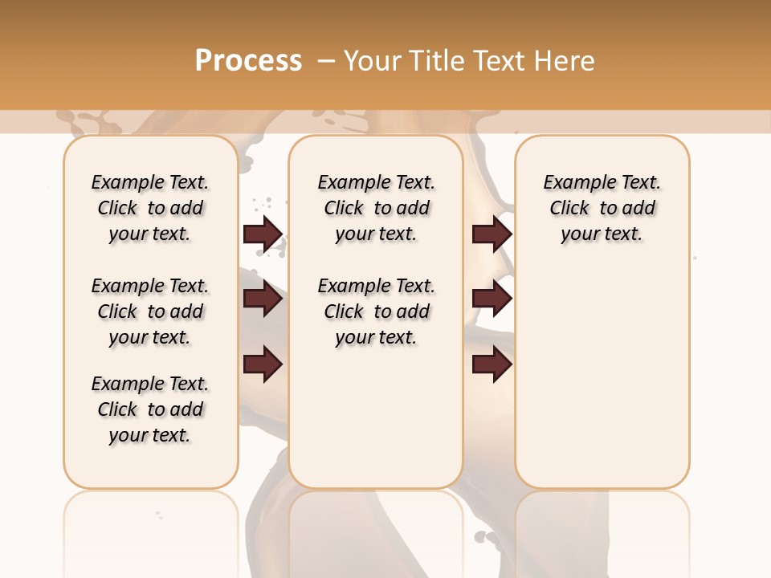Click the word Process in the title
tap(248, 60)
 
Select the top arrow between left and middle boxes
tap(263, 234)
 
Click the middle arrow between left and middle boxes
tap(263, 299)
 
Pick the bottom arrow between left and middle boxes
tap(263, 364)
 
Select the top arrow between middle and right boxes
tap(492, 234)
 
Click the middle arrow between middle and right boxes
tap(492, 299)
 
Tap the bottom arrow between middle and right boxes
tap(492, 364)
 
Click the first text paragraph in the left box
tap(150, 208)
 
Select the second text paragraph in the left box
tap(150, 311)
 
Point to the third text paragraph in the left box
tap(150, 409)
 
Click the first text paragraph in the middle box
tap(376, 208)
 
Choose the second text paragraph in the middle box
tap(376, 311)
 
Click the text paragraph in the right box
tap(602, 208)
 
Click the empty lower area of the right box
tap(602, 377)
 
